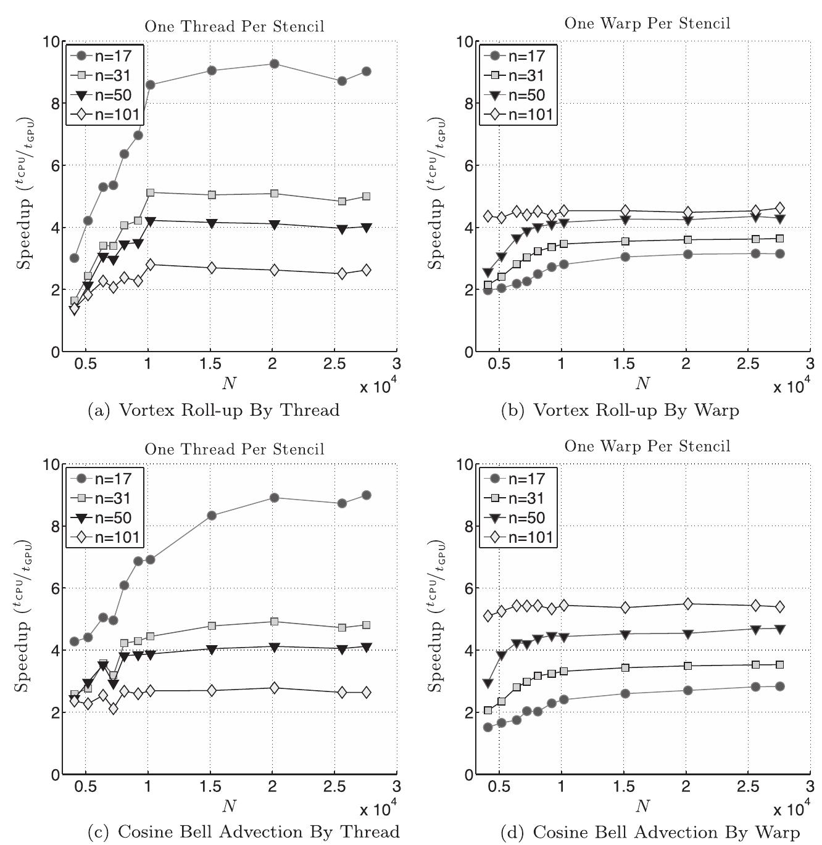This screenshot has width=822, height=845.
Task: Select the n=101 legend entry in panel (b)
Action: click(x=518, y=115)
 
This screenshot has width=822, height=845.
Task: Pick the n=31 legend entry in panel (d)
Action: click(x=518, y=498)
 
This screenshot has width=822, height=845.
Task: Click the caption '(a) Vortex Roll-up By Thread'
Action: click(x=214, y=410)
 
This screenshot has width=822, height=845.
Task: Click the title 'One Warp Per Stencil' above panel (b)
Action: click(x=647, y=23)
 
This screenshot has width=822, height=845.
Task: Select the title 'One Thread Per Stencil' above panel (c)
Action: click(x=234, y=449)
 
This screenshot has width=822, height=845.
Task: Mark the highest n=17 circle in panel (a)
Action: click(x=274, y=64)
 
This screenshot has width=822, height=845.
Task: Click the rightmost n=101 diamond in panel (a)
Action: click(x=366, y=270)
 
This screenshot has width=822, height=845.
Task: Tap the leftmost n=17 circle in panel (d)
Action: click(x=488, y=727)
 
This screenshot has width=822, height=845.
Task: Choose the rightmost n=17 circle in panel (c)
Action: click(x=366, y=495)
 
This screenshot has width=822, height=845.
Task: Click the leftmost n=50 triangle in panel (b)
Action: click(x=488, y=272)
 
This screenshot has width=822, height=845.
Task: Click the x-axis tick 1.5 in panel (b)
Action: click(x=624, y=364)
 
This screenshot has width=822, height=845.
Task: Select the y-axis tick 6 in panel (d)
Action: click(x=467, y=588)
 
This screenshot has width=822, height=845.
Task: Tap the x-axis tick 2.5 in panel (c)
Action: click(x=334, y=787)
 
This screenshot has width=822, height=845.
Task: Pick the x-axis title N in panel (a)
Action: click(x=229, y=384)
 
